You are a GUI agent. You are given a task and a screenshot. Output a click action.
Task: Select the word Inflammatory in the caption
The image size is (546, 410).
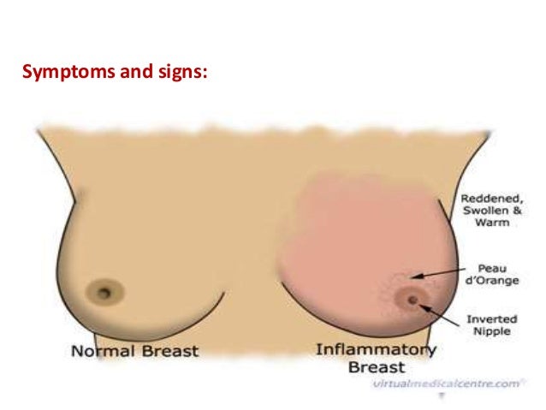pyautogui.click(x=376, y=350)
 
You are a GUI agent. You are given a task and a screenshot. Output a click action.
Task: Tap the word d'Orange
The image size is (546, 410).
pyautogui.click(x=487, y=280)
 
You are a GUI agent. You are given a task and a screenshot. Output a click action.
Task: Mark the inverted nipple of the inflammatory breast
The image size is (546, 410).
pyautogui.click(x=413, y=300)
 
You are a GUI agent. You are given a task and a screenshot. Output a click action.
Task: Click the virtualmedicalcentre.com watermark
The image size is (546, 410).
pyautogui.click(x=445, y=384)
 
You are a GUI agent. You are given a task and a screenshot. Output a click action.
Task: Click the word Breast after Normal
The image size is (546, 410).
pyautogui.click(x=167, y=351)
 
